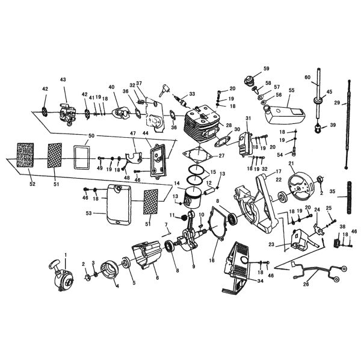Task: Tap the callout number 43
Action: click(63, 80)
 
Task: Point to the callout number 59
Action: click(266, 69)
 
